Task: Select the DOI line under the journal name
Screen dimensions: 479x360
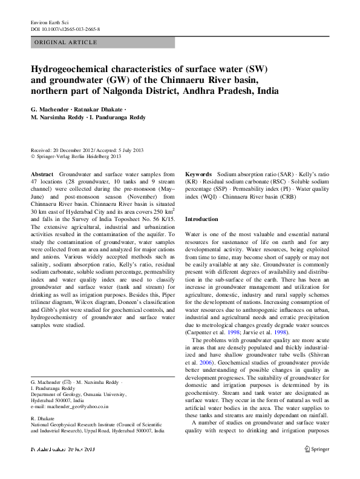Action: click(65, 29)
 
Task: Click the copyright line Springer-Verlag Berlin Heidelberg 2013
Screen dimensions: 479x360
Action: click(79, 156)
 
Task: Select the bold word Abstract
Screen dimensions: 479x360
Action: click(42, 174)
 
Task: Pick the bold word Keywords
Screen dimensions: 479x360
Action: click(198, 174)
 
